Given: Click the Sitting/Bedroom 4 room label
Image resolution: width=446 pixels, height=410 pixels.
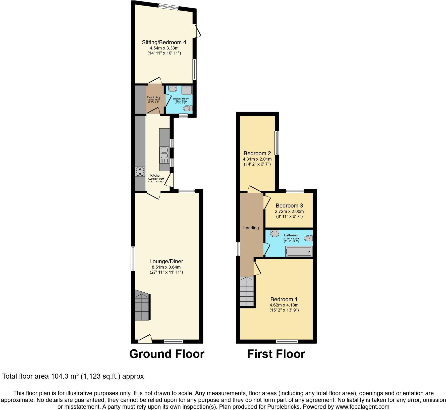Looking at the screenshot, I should point(164,42).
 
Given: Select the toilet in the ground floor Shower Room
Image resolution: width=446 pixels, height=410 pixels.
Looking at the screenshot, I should point(188,108).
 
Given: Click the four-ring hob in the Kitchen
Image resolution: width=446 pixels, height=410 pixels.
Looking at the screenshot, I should point(140,171).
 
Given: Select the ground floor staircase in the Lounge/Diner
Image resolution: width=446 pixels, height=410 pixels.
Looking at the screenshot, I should point(142,306).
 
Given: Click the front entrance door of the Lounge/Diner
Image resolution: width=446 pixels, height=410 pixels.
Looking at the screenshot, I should point(145,339).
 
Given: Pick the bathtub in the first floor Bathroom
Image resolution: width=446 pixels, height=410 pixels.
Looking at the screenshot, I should point(299,251).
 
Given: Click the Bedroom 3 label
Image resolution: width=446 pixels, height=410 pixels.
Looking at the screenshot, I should point(289,206).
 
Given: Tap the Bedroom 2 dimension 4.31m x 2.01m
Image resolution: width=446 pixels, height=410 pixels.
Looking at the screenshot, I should point(257,159).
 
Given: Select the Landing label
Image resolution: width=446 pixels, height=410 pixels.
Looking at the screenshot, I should point(251,228).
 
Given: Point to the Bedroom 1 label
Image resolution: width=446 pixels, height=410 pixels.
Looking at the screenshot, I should point(284,299).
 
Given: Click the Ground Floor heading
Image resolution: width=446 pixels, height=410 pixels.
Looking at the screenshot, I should point(167,354).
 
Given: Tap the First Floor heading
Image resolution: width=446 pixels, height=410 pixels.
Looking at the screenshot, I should point(276,354).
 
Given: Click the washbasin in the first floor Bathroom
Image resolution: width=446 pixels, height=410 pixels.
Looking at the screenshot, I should point(275,233).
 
